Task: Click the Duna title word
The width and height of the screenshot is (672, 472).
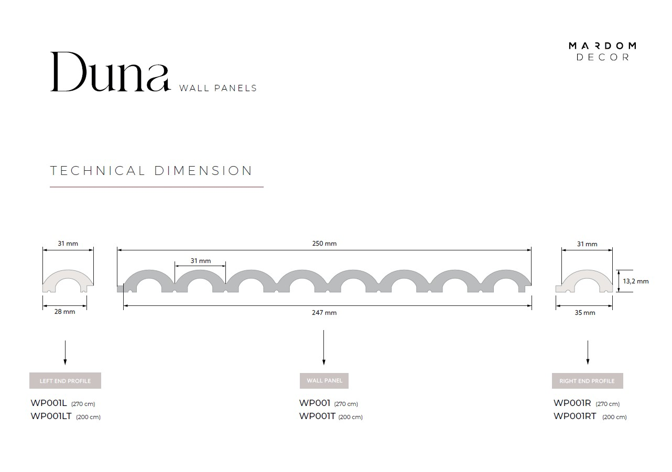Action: (x=111, y=72)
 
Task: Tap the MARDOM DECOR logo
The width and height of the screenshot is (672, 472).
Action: (x=602, y=51)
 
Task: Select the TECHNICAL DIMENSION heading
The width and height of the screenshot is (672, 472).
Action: (x=151, y=171)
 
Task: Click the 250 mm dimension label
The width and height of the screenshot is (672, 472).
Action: (x=324, y=244)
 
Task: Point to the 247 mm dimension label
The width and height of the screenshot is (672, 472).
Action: (x=324, y=312)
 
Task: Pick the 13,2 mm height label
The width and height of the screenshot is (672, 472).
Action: (x=636, y=281)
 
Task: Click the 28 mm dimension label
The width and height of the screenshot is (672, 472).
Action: (x=64, y=312)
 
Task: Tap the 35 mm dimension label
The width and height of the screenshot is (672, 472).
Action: (x=585, y=312)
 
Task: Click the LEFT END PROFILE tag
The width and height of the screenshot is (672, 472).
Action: (x=65, y=380)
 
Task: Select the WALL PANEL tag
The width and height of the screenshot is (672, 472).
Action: (x=324, y=380)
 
